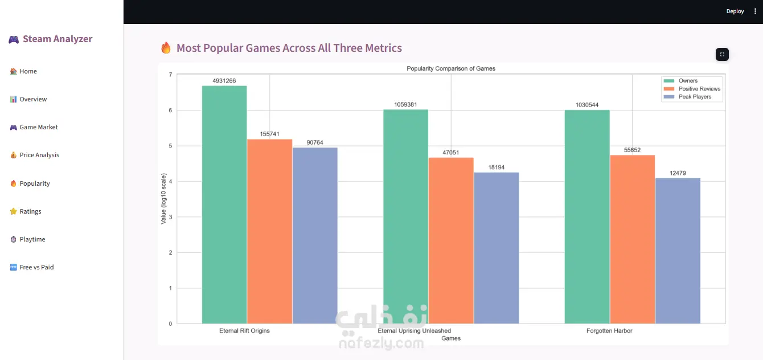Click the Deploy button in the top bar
coord(735,11)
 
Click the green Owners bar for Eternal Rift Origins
coord(224,204)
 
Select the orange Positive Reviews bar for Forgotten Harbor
coord(632,239)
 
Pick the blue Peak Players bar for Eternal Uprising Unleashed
coord(497,248)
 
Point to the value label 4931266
coord(224,81)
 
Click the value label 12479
coord(678,173)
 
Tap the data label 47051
coord(450,153)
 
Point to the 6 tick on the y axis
coord(170,110)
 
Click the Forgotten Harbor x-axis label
coord(609,331)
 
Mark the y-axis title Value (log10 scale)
coord(163,199)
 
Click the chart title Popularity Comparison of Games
coord(450,68)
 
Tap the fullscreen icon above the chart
coord(722,55)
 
